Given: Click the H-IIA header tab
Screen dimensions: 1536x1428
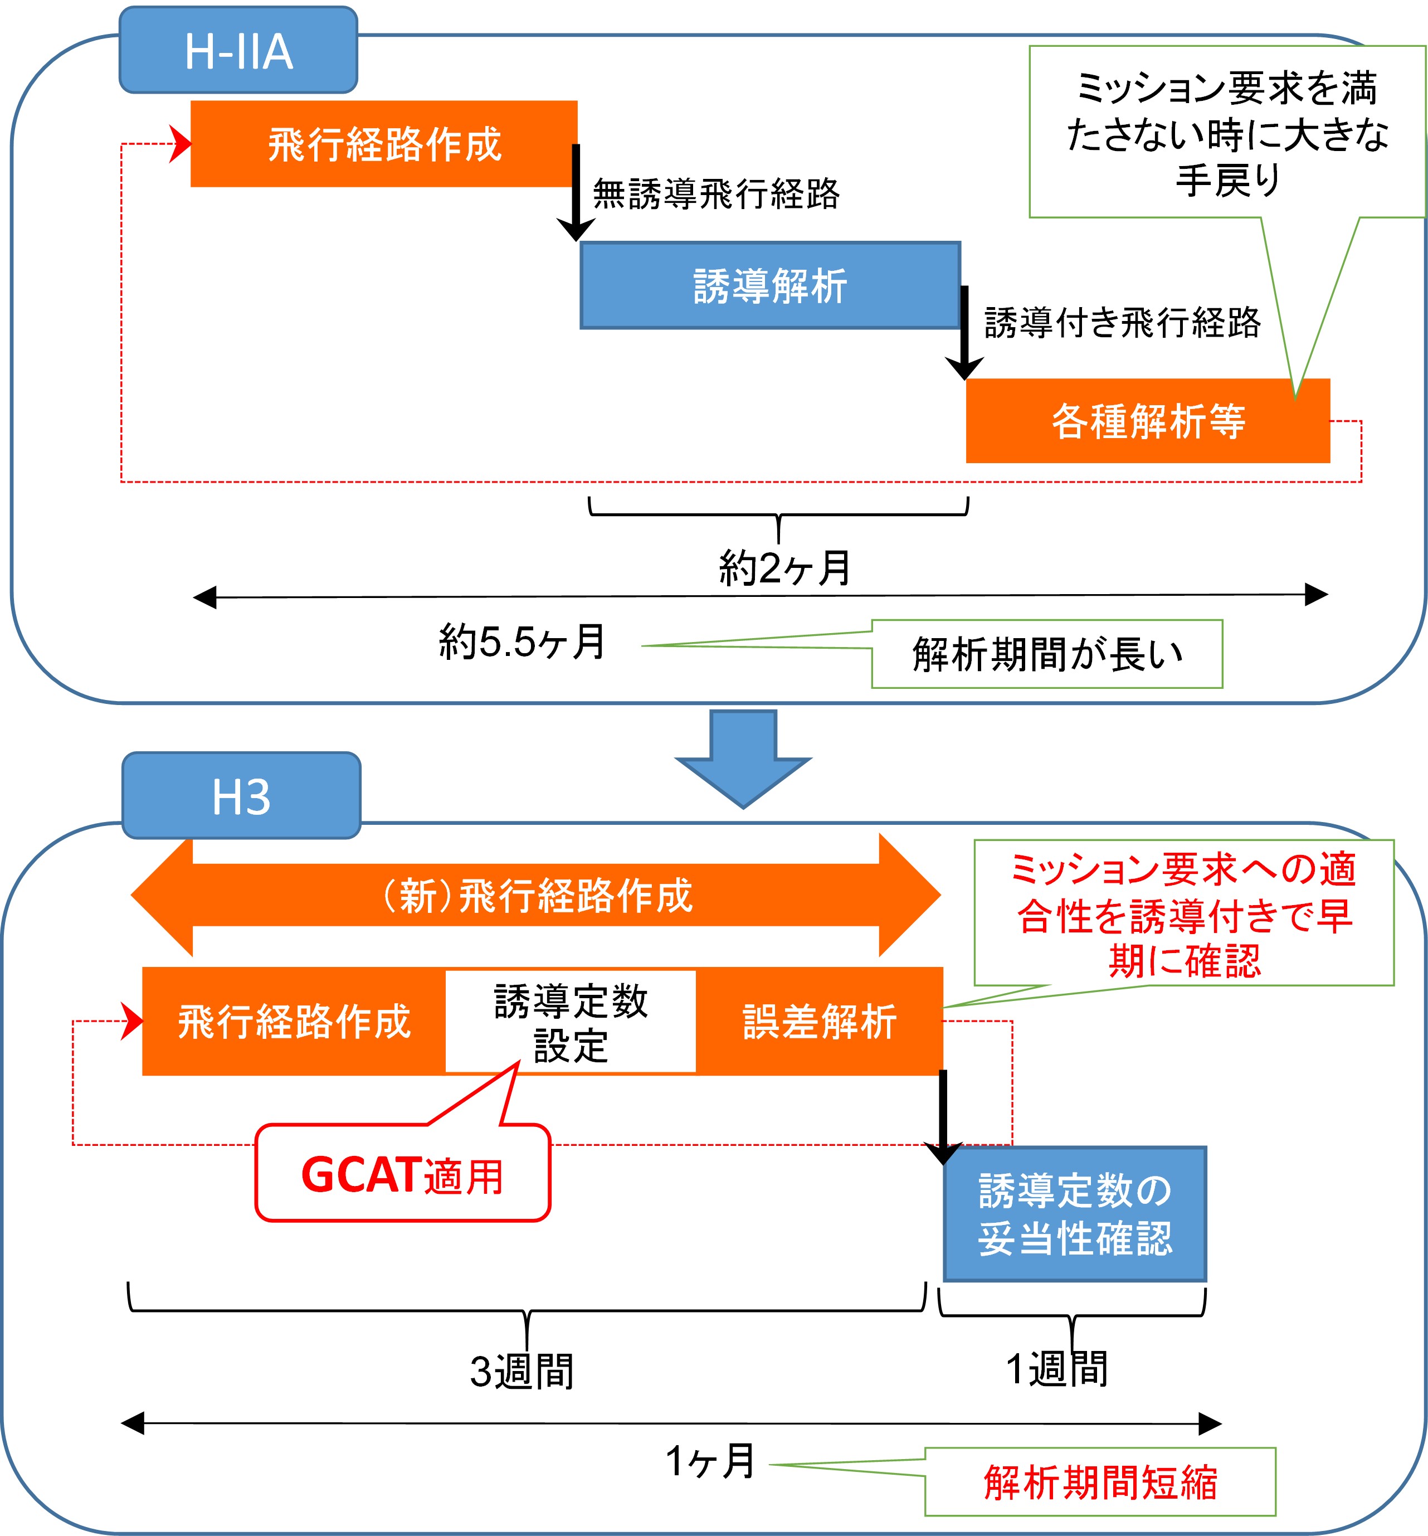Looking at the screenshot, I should [238, 51].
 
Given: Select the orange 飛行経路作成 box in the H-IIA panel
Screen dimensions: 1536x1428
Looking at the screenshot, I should [384, 144].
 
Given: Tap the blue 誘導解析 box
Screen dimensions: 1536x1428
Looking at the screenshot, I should [769, 286].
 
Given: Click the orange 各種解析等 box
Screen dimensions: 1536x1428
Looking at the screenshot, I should [1148, 422].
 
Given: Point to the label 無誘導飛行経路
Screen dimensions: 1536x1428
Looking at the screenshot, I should [716, 194].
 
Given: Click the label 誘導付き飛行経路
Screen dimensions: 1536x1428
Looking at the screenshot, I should [1122, 323].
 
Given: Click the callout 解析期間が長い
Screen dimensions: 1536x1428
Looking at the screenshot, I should [1047, 654].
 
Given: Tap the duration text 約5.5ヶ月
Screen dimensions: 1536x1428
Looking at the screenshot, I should [523, 642].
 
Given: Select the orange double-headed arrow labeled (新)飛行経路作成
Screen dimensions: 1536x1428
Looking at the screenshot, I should [536, 896].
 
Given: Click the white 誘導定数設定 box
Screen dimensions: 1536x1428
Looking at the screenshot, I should [571, 1022].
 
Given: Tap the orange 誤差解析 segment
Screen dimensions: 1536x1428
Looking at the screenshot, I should [820, 1022].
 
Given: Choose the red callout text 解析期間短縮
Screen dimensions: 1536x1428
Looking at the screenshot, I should [1100, 1482].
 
